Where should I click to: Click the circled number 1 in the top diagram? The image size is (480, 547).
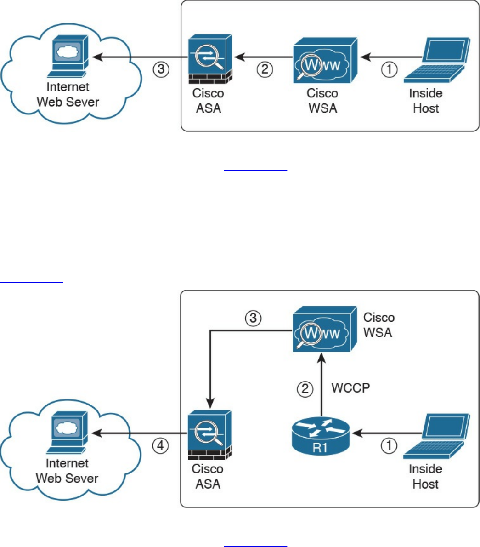point(390,70)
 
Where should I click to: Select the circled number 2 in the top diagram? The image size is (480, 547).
point(265,70)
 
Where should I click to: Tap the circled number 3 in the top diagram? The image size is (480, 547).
point(161,70)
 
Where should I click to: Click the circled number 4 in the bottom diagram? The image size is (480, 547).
point(161,445)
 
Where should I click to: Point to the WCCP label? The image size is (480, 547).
point(350,388)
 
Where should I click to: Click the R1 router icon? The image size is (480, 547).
point(321,434)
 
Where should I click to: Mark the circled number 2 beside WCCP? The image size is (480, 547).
point(305,389)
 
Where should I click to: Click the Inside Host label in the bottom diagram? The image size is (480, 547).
point(426,477)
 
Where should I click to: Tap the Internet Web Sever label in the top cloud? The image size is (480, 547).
point(68,94)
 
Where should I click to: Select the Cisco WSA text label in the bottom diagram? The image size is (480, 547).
point(378,325)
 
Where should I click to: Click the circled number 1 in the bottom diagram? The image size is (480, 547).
point(390,445)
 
